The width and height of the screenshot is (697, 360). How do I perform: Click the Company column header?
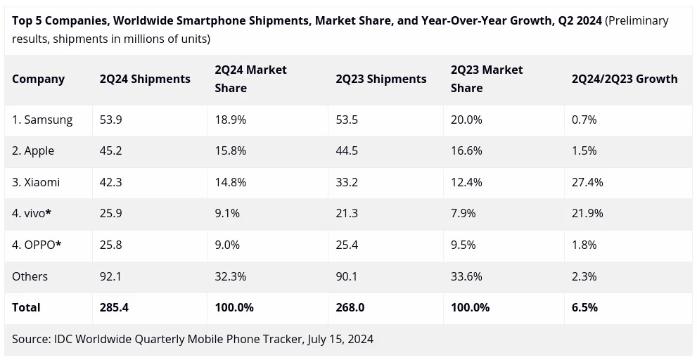38,79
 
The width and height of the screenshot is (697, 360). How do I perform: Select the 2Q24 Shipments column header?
145,79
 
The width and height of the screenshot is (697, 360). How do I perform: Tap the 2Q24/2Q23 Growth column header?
625,79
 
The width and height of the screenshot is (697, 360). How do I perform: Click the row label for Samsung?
42,120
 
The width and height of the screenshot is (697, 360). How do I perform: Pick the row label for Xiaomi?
36,182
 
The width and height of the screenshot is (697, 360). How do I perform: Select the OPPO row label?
37,245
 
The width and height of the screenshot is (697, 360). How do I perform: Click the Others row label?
30,276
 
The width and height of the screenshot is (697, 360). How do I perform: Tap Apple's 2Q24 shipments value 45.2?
110,151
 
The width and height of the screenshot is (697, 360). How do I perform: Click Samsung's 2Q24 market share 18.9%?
230,120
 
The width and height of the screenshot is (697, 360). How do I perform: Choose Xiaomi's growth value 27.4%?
587,182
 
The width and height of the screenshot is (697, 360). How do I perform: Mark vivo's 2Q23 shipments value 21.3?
347,214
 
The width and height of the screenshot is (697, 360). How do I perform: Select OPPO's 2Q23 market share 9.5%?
463,245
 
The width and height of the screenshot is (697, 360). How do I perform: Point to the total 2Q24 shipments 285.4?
114,307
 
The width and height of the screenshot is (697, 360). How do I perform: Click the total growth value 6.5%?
584,307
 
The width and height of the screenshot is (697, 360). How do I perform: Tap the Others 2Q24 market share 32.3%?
230,276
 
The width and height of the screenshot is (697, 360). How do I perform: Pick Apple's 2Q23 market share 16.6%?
466,151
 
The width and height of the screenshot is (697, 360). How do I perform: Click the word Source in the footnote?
31,339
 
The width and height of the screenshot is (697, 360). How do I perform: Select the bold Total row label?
26,307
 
